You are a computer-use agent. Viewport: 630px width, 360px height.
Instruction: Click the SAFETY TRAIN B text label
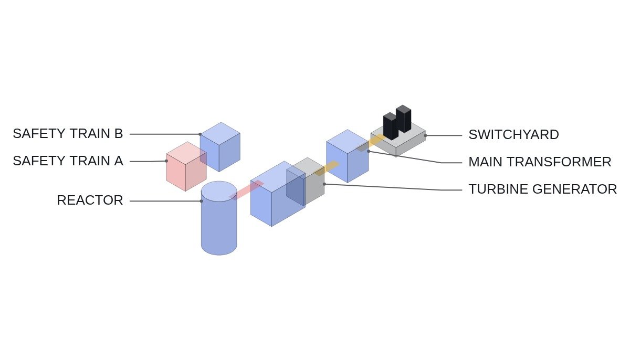pos(68,133)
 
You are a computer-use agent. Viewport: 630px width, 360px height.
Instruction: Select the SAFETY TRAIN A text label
pos(68,161)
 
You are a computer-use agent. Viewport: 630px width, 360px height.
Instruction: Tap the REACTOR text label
pos(90,200)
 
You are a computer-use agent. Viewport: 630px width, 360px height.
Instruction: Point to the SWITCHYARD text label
pos(513,135)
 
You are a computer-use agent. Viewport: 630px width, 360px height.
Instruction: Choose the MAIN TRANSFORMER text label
pos(540,162)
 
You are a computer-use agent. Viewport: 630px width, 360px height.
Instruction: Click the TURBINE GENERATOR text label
pos(542,189)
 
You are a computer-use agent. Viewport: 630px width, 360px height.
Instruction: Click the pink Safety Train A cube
pos(186,166)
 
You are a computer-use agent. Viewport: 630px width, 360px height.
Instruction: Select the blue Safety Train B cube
pos(220,147)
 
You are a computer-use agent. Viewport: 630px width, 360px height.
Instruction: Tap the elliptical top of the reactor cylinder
pos(219,192)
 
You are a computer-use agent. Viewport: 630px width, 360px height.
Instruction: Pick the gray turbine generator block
pos(306,182)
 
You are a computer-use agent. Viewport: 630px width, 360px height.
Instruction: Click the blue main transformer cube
pos(348,156)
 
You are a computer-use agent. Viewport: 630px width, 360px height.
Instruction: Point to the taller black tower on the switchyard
pos(403,119)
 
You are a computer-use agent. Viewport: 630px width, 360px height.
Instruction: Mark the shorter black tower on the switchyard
pos(391,126)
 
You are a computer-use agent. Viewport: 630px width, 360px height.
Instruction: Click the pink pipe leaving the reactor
pos(246,190)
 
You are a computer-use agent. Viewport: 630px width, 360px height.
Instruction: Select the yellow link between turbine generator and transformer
pos(326,168)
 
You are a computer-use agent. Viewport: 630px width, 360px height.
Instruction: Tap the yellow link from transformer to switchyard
pos(372,143)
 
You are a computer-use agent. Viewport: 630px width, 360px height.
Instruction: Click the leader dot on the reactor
pos(202,201)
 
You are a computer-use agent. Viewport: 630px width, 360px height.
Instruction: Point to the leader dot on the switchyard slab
pos(425,135)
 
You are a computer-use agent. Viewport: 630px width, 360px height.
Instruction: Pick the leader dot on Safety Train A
pos(166,161)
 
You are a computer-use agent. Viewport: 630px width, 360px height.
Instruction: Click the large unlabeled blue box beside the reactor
pos(278,194)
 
